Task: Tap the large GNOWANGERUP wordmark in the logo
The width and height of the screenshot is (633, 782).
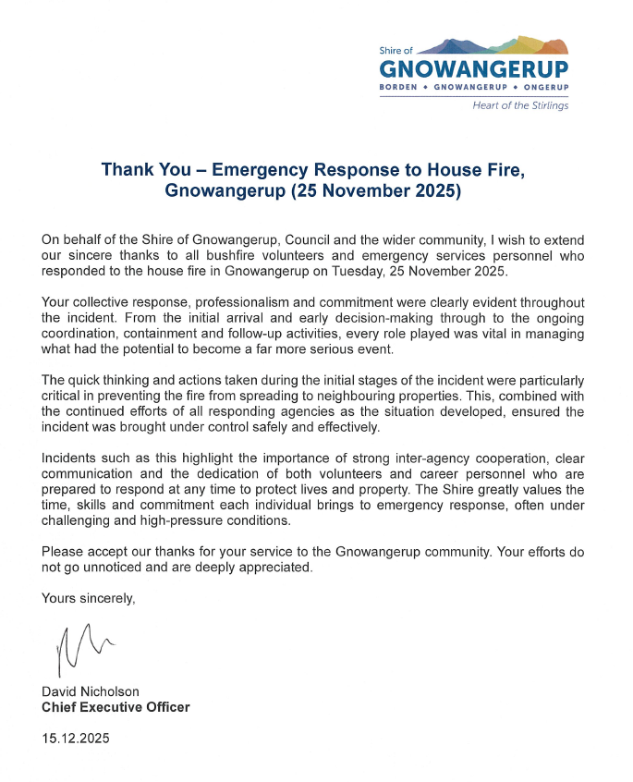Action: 474,69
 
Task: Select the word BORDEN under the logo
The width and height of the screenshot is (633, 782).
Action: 398,88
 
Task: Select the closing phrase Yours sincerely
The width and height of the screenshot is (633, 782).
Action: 89,598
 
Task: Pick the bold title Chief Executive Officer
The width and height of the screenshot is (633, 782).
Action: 116,707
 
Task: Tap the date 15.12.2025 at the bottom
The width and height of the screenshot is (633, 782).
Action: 75,739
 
